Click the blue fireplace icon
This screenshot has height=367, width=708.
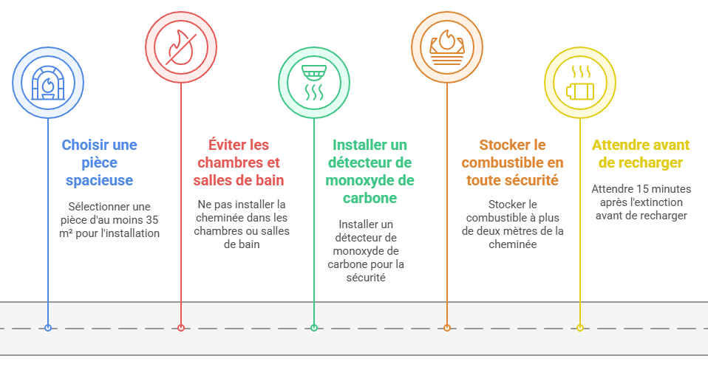point(48,83)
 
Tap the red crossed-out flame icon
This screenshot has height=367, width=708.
point(181,47)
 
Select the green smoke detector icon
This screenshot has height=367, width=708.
point(314,83)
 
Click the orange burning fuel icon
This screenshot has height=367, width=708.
point(447,47)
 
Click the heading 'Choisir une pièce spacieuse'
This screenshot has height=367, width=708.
point(99,162)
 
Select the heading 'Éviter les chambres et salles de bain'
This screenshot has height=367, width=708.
point(239,162)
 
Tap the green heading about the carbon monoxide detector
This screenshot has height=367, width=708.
point(370,171)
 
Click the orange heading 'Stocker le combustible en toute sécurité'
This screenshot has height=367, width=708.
point(512,162)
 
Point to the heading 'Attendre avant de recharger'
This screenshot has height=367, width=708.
point(641,154)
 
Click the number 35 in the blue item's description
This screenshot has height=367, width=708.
point(152,220)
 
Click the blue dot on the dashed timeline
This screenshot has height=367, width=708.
point(48,328)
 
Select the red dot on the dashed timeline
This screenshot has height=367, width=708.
point(181,328)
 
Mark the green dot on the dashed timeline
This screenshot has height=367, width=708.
point(314,328)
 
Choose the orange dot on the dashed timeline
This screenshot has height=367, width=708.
point(447,328)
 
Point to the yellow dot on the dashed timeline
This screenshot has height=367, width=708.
point(580,328)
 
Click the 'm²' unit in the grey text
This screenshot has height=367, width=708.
point(66,233)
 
